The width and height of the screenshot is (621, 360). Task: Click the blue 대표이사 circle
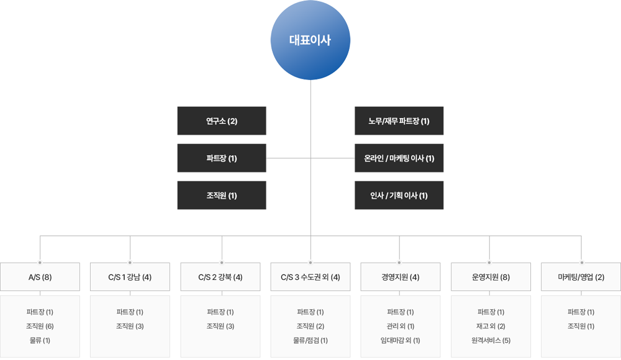(310, 41)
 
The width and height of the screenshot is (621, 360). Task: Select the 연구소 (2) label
(222, 121)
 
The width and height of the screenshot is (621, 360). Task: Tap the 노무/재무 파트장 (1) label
(399, 121)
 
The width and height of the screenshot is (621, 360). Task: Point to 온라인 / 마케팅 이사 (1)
(399, 158)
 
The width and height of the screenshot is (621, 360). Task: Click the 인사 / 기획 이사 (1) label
(399, 196)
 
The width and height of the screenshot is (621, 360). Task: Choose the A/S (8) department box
(40, 277)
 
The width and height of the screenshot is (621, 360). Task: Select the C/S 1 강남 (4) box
(130, 277)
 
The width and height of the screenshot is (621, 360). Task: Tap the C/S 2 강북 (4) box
(220, 277)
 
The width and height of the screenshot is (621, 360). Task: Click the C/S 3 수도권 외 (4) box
(310, 277)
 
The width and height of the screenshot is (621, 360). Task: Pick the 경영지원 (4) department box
(401, 277)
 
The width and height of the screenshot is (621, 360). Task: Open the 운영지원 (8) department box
(491, 277)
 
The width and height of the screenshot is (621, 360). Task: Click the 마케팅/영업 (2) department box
(581, 277)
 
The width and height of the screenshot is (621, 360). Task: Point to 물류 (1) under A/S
(40, 340)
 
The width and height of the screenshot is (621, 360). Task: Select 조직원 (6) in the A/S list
(40, 326)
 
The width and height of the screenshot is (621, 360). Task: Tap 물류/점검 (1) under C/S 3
(310, 340)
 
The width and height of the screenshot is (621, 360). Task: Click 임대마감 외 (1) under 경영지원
(401, 340)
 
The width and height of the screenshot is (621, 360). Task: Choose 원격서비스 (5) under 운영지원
(491, 340)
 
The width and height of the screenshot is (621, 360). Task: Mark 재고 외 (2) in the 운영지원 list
(491, 326)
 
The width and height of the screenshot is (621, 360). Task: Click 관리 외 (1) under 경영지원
(401, 326)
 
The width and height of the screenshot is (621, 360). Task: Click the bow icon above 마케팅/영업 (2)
(581, 261)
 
